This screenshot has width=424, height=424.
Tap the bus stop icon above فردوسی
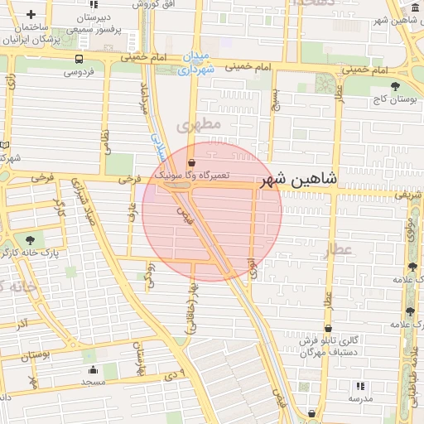tap(79, 60)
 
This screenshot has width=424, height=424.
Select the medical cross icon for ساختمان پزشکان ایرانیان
tap(31, 15)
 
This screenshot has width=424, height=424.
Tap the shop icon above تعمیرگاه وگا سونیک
tap(192, 163)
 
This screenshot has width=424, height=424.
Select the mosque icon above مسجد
tap(93, 370)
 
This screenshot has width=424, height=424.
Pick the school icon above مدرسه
tap(359, 386)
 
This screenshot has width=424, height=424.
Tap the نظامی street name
tap(105, 142)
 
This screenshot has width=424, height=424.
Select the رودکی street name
tap(150, 273)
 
